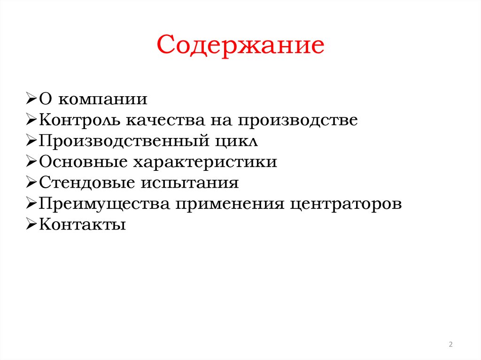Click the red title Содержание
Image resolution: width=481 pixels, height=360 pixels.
tap(240, 46)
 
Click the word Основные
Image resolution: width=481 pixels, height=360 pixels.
tap(83, 162)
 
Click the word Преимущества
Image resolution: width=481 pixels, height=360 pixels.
tap(103, 204)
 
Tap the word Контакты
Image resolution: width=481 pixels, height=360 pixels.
tap(82, 225)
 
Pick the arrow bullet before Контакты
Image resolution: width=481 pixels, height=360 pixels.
tap(31, 225)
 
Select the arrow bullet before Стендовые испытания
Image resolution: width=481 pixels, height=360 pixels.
tap(31, 183)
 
